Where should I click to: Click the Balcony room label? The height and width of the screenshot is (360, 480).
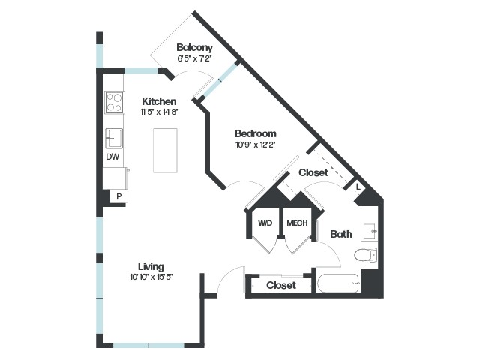point(194,48)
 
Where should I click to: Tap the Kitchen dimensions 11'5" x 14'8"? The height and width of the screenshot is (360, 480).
point(159,112)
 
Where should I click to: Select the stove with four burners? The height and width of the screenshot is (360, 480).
point(114,102)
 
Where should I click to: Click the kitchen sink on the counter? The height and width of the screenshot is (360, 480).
point(114,138)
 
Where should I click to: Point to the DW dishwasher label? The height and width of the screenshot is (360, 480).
point(112,157)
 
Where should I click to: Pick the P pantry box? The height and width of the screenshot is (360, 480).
point(119,196)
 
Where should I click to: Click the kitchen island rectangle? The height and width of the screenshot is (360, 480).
point(165,150)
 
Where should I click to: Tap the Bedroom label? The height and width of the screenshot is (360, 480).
point(256,133)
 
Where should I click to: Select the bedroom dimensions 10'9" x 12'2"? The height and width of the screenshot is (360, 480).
point(256,145)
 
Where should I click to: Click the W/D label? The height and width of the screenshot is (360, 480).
point(265,223)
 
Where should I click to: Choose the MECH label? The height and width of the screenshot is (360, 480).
point(297,223)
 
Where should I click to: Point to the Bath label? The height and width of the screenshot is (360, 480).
point(341,234)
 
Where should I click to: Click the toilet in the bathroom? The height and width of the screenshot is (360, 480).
point(365,254)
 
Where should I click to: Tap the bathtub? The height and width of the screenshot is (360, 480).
point(338,283)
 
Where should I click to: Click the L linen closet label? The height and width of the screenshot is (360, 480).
point(358,187)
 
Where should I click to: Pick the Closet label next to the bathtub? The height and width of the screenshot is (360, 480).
point(281,285)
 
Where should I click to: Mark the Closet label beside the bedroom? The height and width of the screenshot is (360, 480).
point(313,172)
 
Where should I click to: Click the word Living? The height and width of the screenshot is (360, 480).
point(151,267)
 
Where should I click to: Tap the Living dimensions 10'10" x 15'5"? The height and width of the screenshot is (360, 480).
point(151,277)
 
